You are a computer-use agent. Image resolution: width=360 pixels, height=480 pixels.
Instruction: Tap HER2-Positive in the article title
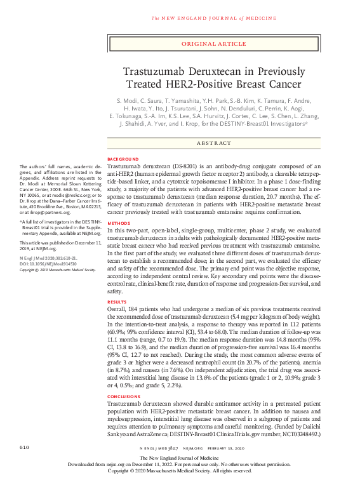tap(196, 84)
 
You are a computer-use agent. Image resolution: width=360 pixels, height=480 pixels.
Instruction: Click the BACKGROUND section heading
tap(123, 158)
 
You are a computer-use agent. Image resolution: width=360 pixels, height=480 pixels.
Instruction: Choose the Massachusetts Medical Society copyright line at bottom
tap(179, 470)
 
